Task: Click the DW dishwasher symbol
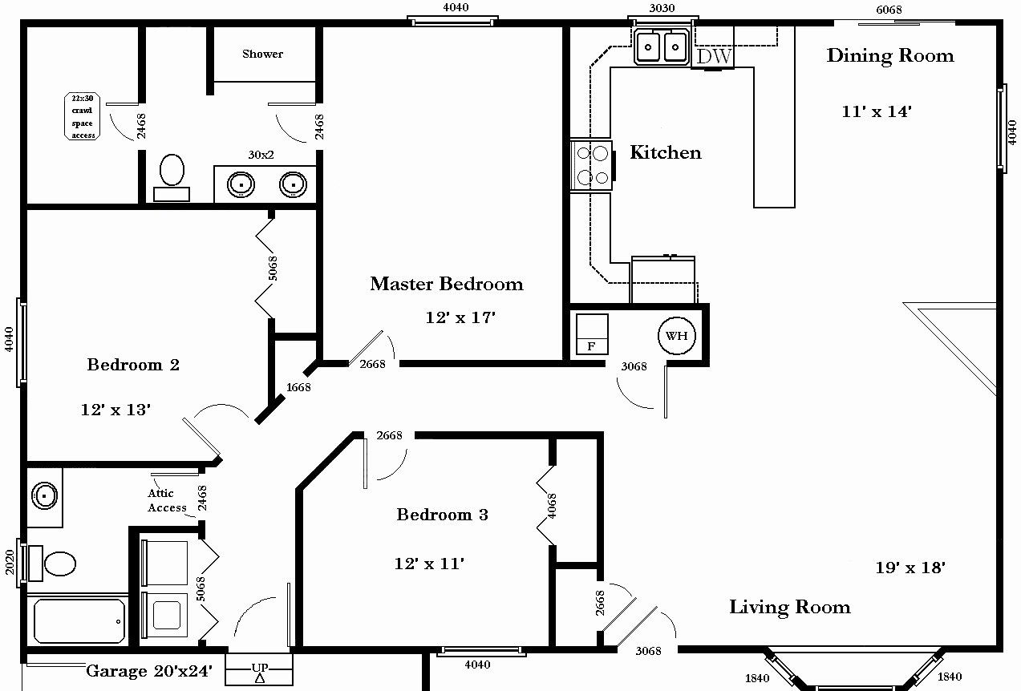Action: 712,56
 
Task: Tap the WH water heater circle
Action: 676,336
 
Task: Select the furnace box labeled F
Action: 592,335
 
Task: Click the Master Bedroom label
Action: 446,284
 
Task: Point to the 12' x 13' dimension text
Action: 115,409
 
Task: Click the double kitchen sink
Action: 661,46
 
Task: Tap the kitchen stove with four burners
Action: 591,166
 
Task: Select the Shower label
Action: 262,54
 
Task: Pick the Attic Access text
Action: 167,501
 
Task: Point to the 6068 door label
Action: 889,9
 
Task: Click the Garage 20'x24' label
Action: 149,671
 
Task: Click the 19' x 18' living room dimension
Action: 910,568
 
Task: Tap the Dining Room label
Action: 889,55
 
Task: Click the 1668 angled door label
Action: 298,387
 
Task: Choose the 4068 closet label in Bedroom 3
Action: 552,507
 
